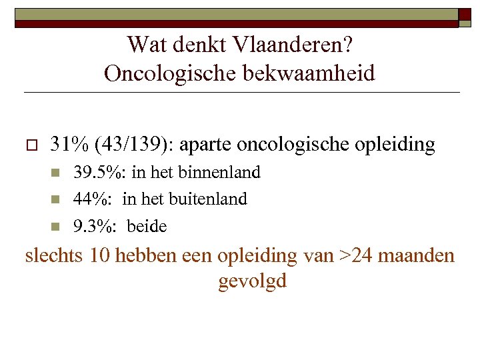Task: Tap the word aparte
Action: (207, 144)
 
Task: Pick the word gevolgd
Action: (252, 281)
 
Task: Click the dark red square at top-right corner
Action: (464, 17)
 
